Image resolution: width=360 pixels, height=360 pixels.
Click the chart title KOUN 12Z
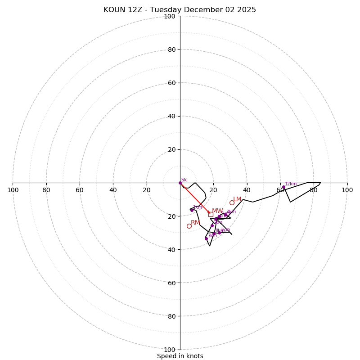tap(180, 10)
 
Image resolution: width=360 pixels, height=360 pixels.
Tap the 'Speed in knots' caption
tap(180, 356)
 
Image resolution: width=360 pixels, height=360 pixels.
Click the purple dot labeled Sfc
tap(180, 183)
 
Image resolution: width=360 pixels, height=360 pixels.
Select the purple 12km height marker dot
tap(283, 187)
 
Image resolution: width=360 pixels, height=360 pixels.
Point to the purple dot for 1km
tap(192, 210)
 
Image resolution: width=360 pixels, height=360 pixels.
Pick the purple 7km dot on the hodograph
tap(206, 238)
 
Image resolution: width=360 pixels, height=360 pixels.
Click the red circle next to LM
tap(232, 202)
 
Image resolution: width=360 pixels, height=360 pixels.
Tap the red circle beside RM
tap(189, 226)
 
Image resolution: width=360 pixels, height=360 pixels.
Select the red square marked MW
tap(211, 214)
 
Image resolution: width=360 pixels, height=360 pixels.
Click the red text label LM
tap(237, 199)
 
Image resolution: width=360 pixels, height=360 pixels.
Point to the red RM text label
tap(195, 222)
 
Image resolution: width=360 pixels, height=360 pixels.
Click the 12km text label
tap(291, 184)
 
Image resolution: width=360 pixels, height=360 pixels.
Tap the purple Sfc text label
tap(184, 180)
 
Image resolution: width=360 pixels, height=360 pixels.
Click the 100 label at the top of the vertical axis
tap(170, 16)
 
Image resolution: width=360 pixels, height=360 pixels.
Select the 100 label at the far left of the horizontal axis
tap(13, 190)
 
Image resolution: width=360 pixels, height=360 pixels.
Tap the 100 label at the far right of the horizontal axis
tap(347, 190)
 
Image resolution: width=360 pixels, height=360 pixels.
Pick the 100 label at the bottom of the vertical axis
tap(170, 349)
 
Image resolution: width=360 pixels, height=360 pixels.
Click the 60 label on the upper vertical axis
tap(171, 83)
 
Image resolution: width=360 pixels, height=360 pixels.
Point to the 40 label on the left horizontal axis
tap(113, 190)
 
